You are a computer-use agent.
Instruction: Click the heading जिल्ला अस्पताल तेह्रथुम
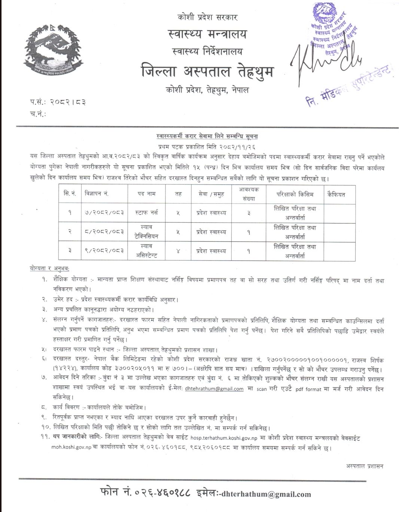[207, 71]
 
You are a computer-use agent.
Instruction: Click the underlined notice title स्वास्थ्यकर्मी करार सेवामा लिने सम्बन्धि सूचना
[207, 137]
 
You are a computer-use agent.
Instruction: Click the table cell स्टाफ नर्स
[147, 213]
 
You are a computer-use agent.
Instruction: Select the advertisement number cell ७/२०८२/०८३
[102, 213]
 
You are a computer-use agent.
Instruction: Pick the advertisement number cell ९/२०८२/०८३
[102, 251]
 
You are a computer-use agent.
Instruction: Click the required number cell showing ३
[249, 213]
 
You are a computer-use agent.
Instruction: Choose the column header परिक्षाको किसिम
[295, 194]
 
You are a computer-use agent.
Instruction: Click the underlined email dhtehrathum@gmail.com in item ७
[214, 389]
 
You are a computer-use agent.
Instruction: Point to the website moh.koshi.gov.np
[71, 447]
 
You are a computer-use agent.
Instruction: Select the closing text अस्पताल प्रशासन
[364, 466]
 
